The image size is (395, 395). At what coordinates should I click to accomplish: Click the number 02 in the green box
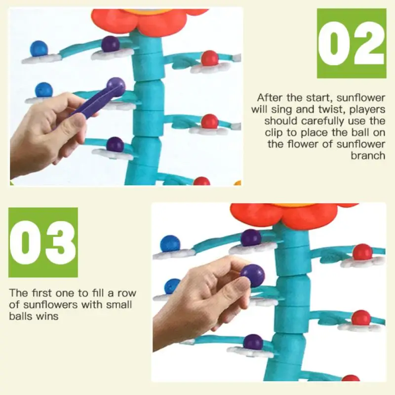[x=351, y=43]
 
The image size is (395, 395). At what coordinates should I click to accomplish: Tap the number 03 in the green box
[x=43, y=242]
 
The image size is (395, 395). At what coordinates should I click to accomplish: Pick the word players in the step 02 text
[x=367, y=109]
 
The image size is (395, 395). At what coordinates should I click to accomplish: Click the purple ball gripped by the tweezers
[x=116, y=85]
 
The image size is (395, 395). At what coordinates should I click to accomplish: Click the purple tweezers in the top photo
[x=94, y=102]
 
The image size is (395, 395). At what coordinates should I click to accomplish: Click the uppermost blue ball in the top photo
[x=39, y=48]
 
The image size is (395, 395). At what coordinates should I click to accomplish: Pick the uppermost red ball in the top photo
[x=210, y=58]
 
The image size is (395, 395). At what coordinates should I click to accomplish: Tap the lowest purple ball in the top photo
[x=115, y=145]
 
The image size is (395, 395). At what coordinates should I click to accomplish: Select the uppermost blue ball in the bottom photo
[x=170, y=244]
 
